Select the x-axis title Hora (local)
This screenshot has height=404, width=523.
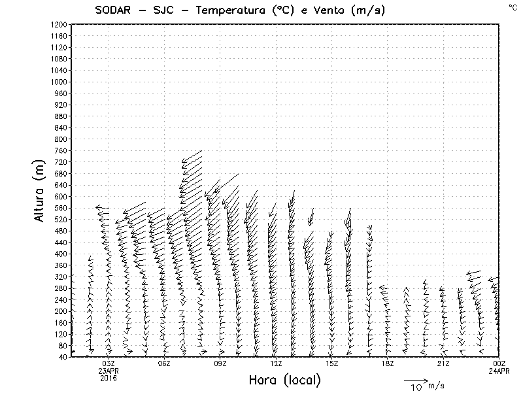[x=285, y=380]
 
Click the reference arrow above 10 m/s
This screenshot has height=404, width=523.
[x=415, y=380]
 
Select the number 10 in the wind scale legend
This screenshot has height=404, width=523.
[x=416, y=388]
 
